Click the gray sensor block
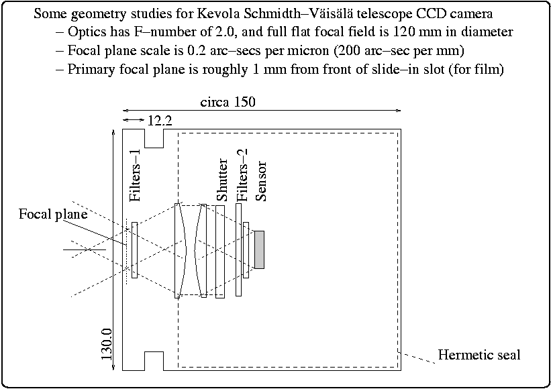coord(259,249)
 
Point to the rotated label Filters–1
coord(136,183)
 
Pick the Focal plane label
coord(53,215)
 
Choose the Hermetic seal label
coord(479,354)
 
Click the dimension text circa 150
coord(228,103)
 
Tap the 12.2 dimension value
coord(159,121)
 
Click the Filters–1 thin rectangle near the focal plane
coord(135,249)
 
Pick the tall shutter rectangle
coord(219,251)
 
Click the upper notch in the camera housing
coord(154,138)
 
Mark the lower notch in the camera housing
coord(154,360)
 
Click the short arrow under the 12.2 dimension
coord(133,120)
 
